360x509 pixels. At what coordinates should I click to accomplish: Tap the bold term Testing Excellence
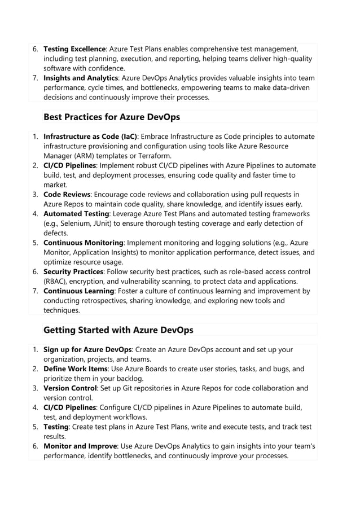74,49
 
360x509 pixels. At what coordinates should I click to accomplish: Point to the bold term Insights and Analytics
81,78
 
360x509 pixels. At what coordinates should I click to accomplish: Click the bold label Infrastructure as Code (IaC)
90,137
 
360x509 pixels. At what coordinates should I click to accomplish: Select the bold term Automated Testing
76,214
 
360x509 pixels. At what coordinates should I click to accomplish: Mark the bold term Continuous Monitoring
84,243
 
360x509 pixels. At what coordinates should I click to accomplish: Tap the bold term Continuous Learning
79,291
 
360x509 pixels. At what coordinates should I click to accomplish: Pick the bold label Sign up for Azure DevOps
88,349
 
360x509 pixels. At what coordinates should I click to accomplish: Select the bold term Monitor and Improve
80,446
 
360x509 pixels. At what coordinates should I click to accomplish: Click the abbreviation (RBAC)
57,281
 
